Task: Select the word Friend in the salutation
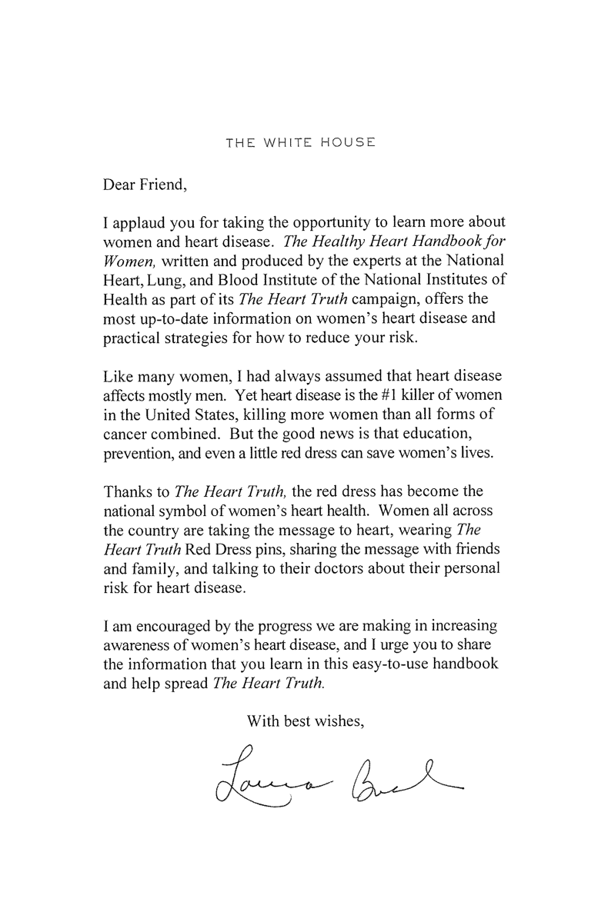pos(160,185)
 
